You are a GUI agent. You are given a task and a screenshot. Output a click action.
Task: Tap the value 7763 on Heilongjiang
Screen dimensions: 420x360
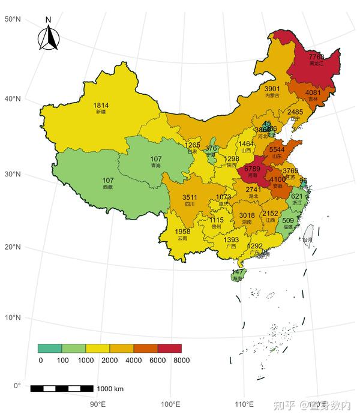pos(316,57)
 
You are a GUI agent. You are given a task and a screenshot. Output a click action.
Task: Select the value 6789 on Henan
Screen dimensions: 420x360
pos(252,169)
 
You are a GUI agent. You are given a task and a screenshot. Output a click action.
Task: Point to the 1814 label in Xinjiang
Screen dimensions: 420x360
pos(101,106)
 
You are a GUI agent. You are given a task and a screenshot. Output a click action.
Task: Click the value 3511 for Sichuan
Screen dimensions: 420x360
pos(190,197)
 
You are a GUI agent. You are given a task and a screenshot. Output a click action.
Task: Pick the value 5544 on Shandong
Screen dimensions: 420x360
pos(277,149)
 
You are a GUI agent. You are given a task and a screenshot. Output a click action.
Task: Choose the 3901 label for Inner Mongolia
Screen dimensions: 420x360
pos(272,89)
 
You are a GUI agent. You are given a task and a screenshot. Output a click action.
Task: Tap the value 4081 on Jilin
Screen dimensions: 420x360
pos(313,93)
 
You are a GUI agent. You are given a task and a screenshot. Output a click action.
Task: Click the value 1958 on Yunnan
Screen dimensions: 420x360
pos(182,232)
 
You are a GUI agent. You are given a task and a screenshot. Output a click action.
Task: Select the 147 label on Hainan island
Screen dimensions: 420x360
pos(238,272)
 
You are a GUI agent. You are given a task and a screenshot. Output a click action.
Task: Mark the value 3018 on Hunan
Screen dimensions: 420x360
pos(247,215)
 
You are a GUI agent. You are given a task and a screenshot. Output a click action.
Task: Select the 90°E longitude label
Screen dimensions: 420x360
pos(98,404)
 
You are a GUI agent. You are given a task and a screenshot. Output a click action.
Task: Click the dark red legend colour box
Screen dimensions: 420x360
pos(169,348)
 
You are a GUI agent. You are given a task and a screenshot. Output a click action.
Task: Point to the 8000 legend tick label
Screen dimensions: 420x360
pos(181,360)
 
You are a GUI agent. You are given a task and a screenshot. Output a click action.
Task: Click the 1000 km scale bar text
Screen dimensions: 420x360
pos(110,389)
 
